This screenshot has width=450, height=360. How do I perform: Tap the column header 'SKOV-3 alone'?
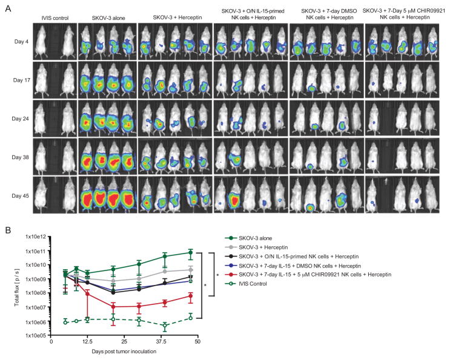coord(105,18)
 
